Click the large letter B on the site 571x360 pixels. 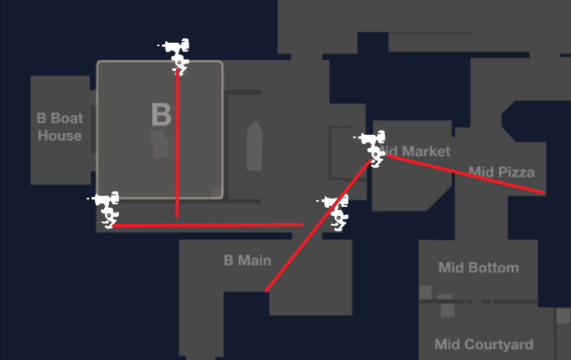(161, 115)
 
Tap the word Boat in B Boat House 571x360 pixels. (67, 118)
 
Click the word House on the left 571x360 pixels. (60, 135)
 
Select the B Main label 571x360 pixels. (247, 261)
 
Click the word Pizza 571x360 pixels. (517, 172)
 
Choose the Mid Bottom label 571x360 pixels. (478, 268)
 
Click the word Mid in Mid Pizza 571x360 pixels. (481, 172)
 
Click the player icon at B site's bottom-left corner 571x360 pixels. (107, 208)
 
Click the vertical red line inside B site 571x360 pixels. (177, 146)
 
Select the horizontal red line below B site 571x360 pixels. (205, 225)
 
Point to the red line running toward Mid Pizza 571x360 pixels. (464, 174)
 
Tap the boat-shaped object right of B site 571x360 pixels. (254, 147)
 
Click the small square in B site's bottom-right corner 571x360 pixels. (216, 192)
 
